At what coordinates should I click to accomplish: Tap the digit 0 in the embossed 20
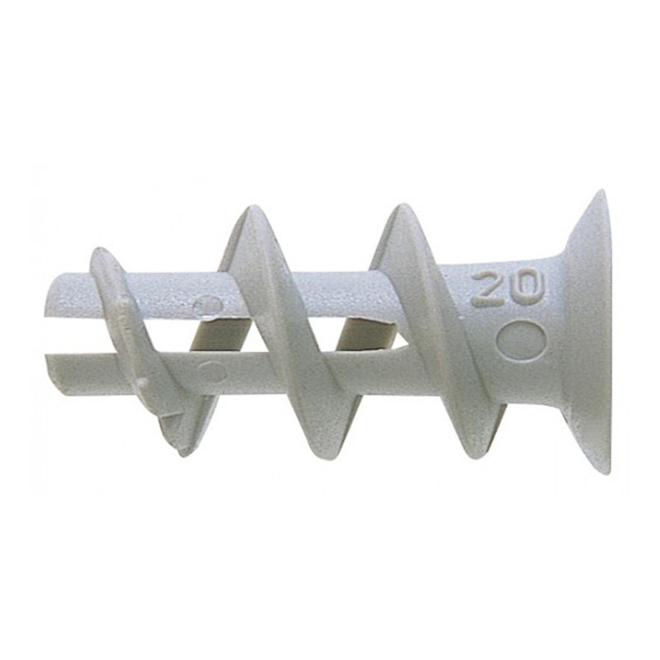(x=527, y=288)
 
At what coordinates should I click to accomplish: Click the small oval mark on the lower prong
(x=212, y=371)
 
